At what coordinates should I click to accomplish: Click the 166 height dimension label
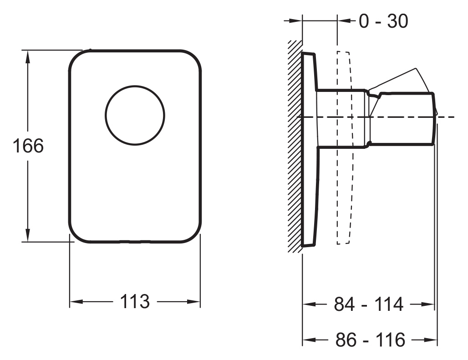[x=28, y=146]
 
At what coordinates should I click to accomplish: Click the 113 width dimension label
[x=135, y=302]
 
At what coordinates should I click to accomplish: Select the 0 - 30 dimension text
[x=383, y=21]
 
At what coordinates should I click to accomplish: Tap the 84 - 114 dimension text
[x=369, y=304]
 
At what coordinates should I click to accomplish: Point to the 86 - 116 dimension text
[x=371, y=340]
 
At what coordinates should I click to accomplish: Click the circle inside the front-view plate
[x=135, y=116]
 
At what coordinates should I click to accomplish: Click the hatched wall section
[x=295, y=147]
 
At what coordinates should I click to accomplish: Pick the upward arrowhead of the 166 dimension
[x=28, y=57]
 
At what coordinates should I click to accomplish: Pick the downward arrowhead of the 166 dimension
[x=28, y=235]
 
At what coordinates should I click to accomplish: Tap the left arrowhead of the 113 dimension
[x=76, y=302]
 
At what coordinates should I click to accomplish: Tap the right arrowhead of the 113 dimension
[x=193, y=302]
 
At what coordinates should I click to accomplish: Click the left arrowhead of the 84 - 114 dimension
[x=309, y=304]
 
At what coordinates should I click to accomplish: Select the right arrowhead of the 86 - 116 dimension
[x=431, y=340]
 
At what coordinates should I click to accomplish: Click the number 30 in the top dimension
[x=397, y=21]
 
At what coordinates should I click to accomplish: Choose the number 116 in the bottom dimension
[x=391, y=340]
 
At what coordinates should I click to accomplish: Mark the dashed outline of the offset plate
[x=344, y=147]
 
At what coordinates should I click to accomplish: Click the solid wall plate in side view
[x=310, y=149]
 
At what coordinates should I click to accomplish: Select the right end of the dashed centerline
[x=454, y=117]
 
